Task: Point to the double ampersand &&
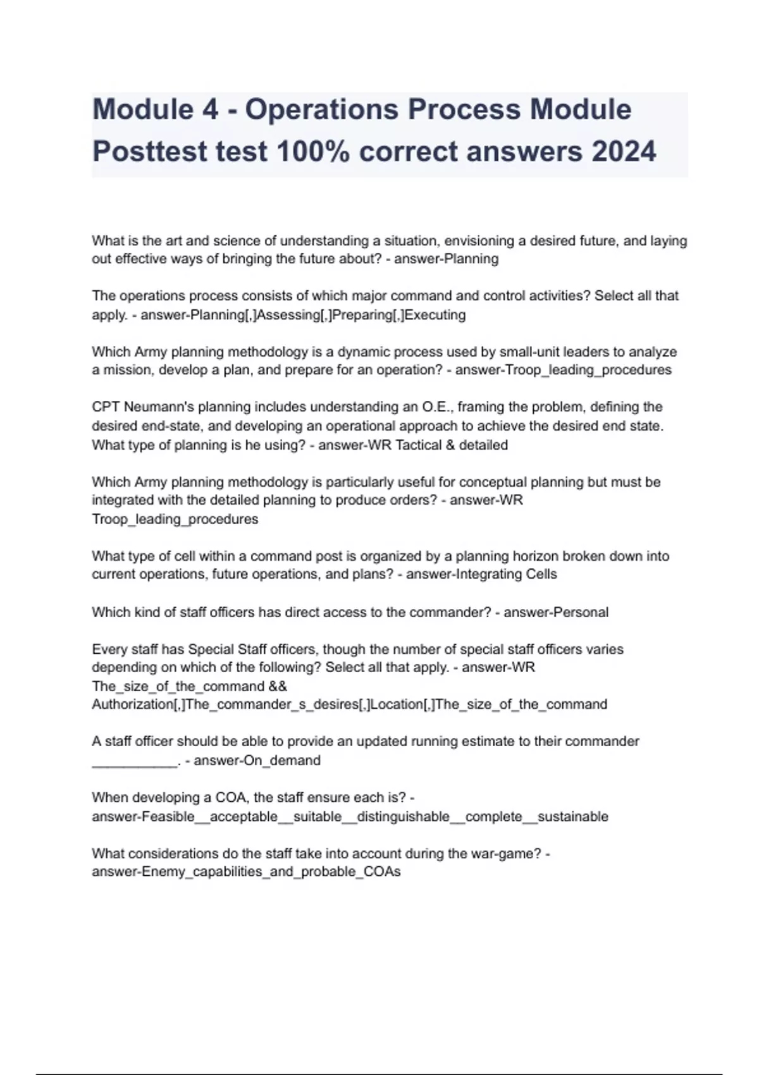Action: click(x=278, y=686)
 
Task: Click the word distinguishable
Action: click(x=403, y=816)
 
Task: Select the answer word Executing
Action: click(x=435, y=315)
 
